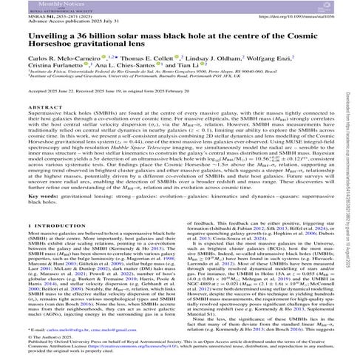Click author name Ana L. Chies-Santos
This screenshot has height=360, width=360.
(x=128, y=86)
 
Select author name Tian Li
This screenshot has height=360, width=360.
(x=190, y=86)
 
